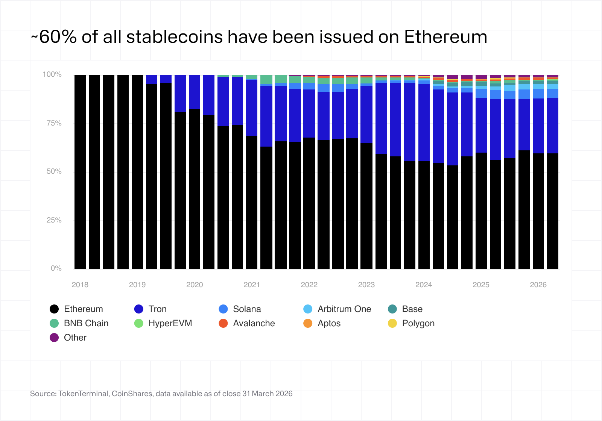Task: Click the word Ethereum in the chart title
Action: click(445, 37)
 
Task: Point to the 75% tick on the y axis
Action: click(54, 123)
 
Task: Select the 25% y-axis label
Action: click(54, 220)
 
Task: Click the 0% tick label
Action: click(56, 268)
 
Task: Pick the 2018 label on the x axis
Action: click(80, 285)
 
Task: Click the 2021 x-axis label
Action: click(252, 285)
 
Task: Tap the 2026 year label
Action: click(538, 285)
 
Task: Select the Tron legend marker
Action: click(139, 309)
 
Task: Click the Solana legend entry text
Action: click(247, 309)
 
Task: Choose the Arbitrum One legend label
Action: click(344, 309)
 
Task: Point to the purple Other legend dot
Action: click(54, 338)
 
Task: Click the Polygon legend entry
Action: click(418, 323)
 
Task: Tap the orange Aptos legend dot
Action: click(308, 323)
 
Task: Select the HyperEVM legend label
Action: click(170, 323)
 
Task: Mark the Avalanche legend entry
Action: click(254, 323)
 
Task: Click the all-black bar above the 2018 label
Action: click(80, 172)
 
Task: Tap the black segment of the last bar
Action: click(552, 210)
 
